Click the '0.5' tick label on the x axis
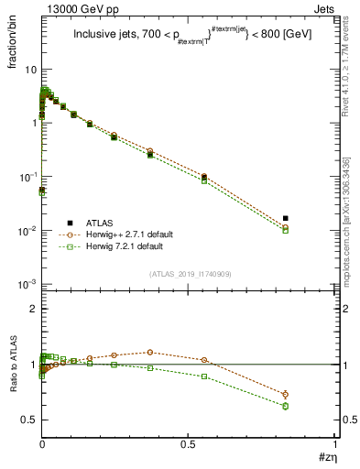coord(189,443)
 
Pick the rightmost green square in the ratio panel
coord(286,406)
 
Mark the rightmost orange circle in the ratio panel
coord(286,394)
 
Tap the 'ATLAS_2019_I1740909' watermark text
coord(189,274)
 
